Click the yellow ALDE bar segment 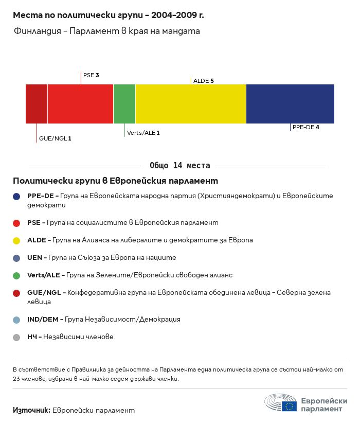(191, 104)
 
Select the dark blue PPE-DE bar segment (290, 104)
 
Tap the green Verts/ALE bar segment (124, 104)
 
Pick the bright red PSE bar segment (80, 104)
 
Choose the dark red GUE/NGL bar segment (37, 104)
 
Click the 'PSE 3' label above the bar (91, 75)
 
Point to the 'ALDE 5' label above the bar (203, 81)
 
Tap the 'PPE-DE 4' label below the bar (306, 127)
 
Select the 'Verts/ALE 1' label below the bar (143, 133)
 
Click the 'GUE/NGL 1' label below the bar (55, 138)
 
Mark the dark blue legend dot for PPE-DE (16, 196)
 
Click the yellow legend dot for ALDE (16, 240)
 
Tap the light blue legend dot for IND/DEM (16, 320)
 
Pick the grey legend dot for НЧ (16, 337)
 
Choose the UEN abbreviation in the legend (35, 258)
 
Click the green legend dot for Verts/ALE (16, 275)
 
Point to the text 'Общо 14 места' (180, 166)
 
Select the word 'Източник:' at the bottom (31, 410)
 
